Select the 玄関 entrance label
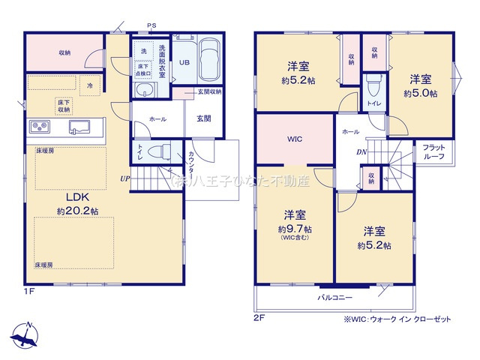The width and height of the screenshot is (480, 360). point(204,118)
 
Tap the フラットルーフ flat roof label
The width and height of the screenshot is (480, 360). point(434,152)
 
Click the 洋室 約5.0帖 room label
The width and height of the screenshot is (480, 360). point(420,85)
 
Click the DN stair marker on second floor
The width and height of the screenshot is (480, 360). point(361,151)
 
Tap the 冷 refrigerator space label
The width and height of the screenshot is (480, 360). point(90,85)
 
